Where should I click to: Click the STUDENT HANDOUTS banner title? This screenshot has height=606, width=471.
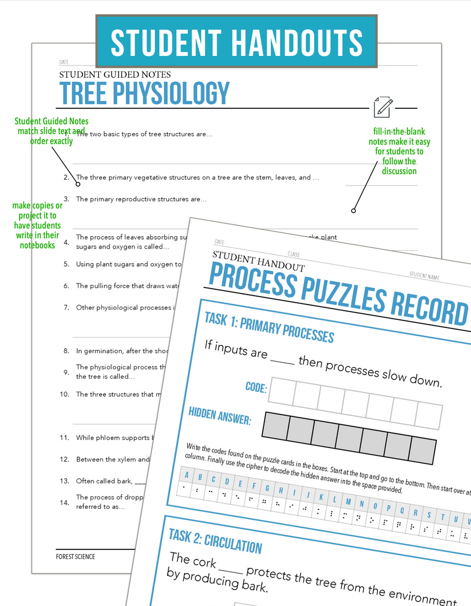[x=236, y=42]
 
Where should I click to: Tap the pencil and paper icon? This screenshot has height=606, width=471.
[x=382, y=107]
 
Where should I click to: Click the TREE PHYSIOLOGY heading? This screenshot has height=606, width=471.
[x=144, y=93]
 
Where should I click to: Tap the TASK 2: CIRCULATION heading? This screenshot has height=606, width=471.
[x=215, y=541]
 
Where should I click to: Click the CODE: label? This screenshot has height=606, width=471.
[x=256, y=388]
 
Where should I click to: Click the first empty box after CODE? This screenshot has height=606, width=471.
[x=281, y=392]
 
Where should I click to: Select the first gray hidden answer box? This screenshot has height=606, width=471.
[x=275, y=425]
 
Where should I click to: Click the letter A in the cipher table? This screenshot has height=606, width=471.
[x=187, y=475]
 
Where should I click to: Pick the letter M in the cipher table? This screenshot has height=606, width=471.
[x=349, y=502]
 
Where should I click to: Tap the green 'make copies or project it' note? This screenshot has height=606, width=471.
[x=37, y=226]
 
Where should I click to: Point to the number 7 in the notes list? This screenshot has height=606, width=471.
[x=67, y=307]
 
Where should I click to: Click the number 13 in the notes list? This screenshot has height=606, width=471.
[x=65, y=481]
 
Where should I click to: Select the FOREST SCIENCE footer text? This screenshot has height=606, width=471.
[x=75, y=557]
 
